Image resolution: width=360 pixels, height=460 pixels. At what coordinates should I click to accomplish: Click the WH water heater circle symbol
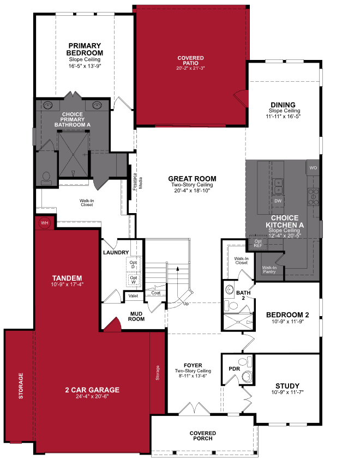(x=44, y=223)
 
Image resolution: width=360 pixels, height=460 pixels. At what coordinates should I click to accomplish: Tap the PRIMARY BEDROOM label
(x=85, y=49)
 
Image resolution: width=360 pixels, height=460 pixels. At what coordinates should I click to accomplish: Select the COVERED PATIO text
(x=190, y=61)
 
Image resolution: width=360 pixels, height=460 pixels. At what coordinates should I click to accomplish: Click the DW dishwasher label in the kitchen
(x=278, y=201)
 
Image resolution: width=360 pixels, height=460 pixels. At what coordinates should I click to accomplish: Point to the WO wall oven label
(x=313, y=168)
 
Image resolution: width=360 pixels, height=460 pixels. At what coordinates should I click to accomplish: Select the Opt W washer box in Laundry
(x=133, y=280)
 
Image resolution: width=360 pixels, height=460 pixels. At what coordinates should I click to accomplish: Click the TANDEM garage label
(x=67, y=277)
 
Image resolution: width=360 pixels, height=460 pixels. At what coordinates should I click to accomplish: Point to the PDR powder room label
(x=235, y=369)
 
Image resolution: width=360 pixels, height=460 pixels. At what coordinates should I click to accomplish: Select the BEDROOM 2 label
(x=287, y=315)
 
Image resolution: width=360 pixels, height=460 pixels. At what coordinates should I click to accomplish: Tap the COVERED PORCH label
(x=202, y=435)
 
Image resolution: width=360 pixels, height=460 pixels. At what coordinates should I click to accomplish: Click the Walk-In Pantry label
(x=269, y=269)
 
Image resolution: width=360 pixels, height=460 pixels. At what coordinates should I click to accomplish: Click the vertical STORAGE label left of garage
(x=21, y=385)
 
